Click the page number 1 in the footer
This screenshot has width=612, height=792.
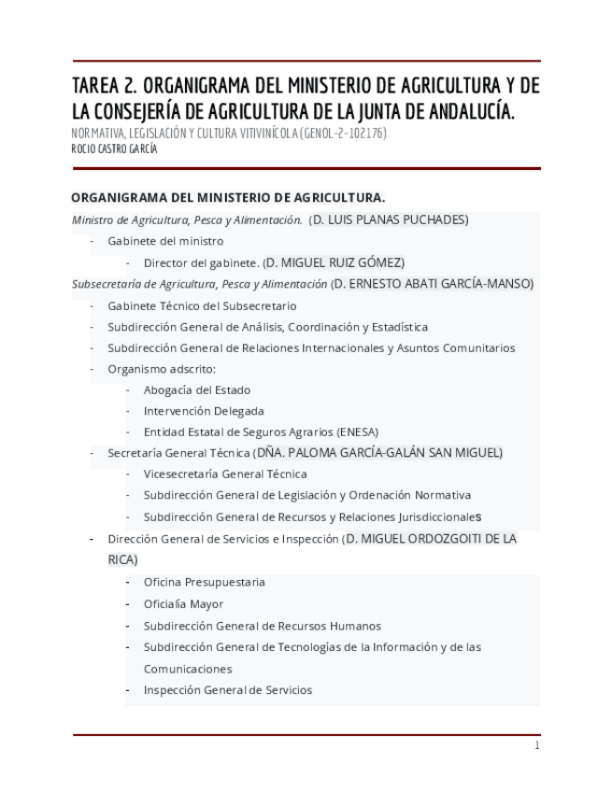coord(536,745)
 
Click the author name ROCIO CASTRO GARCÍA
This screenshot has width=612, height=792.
coord(114,148)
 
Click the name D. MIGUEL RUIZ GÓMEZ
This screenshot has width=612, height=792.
coord(334,262)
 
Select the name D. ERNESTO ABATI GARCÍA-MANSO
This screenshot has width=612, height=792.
coord(433,284)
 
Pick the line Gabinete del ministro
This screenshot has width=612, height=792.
coord(165,241)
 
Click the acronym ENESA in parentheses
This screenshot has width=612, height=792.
coord(357,431)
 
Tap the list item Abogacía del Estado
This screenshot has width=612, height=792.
coord(196,389)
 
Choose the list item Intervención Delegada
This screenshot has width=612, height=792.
coord(204,411)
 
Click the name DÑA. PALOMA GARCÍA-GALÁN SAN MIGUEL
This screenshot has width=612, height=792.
coord(378,453)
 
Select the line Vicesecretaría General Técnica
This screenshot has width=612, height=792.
coord(225,474)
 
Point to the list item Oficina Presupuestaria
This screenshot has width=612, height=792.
coord(204,582)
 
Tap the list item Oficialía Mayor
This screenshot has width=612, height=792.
coord(183,603)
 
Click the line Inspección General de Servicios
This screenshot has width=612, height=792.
coord(227,690)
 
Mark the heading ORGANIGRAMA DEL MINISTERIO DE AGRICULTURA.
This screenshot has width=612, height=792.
coord(228,198)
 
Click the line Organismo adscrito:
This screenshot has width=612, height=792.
coord(161,369)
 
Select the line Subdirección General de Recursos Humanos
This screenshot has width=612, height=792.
coord(262,626)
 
